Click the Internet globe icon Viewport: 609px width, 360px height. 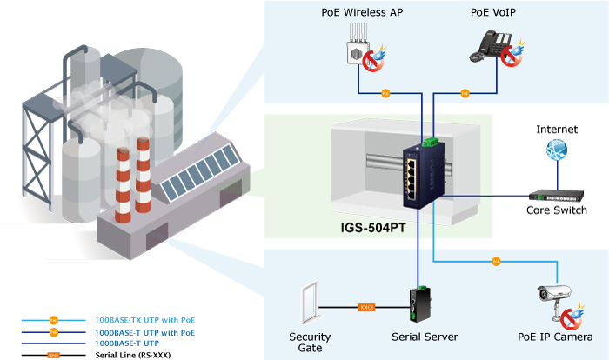pos(556,151)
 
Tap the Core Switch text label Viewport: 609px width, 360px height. pos(557,211)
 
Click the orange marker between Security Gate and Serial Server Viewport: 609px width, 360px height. pos(366,306)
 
